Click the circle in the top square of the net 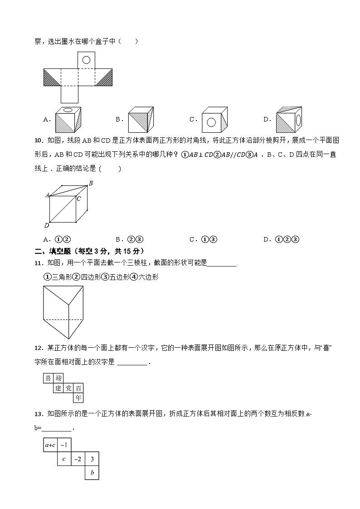[x=86, y=59]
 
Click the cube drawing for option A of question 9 [x=68, y=120]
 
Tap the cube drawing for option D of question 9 [x=288, y=120]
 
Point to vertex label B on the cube [x=91, y=183]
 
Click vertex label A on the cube [x=47, y=195]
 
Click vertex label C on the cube [x=78, y=199]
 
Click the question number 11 [x=38, y=263]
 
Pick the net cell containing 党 [x=68, y=388]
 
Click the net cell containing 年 [x=78, y=398]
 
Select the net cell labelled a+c [x=50, y=445]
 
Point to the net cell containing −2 [x=78, y=459]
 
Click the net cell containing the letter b [x=92, y=473]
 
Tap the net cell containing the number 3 [x=92, y=459]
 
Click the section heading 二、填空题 [x=54, y=251]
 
